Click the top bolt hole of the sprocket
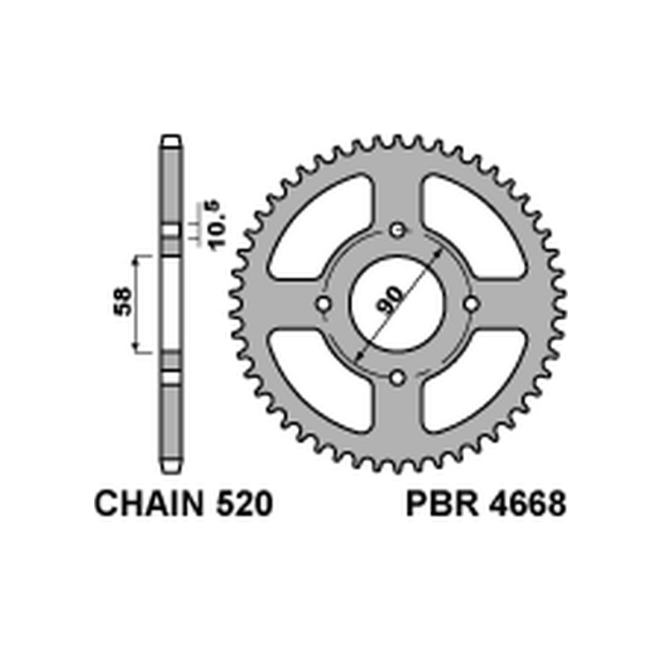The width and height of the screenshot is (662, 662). pyautogui.click(x=397, y=230)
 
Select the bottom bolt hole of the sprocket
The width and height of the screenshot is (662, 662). pyautogui.click(x=397, y=379)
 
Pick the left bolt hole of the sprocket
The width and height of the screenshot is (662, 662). pyautogui.click(x=323, y=305)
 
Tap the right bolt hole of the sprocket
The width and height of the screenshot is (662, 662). pyautogui.click(x=472, y=305)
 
